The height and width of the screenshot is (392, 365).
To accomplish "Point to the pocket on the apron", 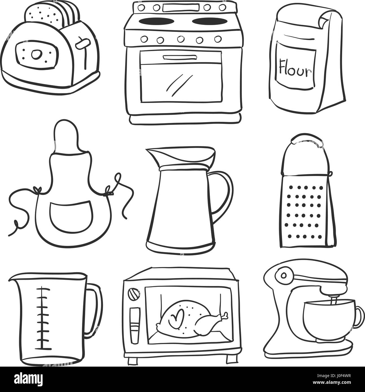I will [x=71, y=215].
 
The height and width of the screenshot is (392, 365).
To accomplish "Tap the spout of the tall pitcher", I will [x=152, y=155].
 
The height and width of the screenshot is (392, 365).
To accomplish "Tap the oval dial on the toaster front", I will [x=36, y=54].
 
